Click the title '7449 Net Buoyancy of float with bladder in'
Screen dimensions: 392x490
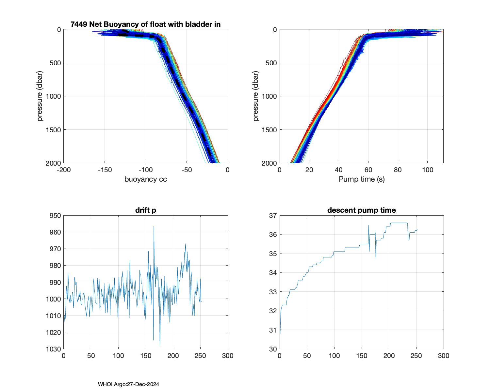(x=145, y=24)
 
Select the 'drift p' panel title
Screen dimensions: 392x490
(x=145, y=210)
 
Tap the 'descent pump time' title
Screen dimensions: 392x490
(x=361, y=210)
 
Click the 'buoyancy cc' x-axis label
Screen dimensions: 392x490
(x=145, y=179)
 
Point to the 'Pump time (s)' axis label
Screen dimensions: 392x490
(x=361, y=179)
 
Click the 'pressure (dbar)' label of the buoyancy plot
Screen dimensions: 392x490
(x=40, y=96)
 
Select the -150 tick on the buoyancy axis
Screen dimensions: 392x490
(x=105, y=170)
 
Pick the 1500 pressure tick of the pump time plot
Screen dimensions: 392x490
(x=269, y=130)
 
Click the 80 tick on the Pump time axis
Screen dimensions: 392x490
(x=398, y=170)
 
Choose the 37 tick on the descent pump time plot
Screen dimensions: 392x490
(x=273, y=216)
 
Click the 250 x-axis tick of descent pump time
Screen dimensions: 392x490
(x=416, y=356)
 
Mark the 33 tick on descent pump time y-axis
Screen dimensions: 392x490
(x=273, y=292)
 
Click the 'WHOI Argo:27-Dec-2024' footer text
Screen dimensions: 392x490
(x=128, y=384)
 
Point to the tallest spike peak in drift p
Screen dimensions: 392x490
(x=154, y=227)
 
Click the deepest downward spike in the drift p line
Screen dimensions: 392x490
(x=160, y=345)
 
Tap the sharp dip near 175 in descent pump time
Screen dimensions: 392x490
(x=376, y=259)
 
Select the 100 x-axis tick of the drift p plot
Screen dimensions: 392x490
(x=118, y=356)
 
